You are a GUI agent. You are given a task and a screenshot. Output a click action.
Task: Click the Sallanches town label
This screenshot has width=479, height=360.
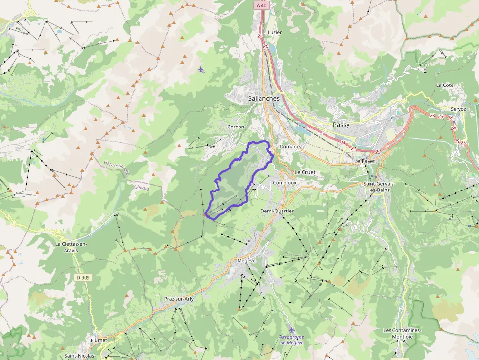(x=263, y=98)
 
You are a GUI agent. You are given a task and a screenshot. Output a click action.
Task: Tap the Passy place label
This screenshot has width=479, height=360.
(x=341, y=125)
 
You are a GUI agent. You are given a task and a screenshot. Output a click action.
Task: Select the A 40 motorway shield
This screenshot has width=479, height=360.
(x=261, y=5)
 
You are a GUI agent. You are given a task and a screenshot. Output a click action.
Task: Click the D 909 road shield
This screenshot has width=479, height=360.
(x=83, y=277)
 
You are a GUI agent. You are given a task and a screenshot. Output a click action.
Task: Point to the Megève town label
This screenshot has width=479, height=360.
(x=246, y=261)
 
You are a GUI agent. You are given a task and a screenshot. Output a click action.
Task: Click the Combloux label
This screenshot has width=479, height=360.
(x=284, y=182)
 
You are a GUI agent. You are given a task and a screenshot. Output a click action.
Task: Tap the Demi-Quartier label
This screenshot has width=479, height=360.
(x=277, y=211)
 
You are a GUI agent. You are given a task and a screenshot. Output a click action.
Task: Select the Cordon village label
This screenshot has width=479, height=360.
(x=236, y=127)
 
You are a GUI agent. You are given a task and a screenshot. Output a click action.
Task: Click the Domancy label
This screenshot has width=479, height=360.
(x=290, y=146)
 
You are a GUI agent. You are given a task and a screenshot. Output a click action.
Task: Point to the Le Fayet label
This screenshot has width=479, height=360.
(x=364, y=161)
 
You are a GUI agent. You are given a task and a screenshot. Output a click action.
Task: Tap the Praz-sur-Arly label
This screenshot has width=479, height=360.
(x=178, y=299)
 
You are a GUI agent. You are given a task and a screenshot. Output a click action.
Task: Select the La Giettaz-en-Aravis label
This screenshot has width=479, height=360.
(x=74, y=247)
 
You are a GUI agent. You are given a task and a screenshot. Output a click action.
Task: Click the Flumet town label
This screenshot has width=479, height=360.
(x=98, y=340)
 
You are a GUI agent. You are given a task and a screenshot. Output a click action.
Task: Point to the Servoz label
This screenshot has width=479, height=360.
(x=458, y=109)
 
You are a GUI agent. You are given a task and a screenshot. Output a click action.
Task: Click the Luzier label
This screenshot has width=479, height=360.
(x=275, y=32)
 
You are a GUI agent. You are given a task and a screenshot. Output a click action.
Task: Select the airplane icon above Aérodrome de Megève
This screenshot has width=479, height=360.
(x=291, y=330)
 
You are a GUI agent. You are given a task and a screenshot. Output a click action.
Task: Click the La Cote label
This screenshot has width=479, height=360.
(x=445, y=85)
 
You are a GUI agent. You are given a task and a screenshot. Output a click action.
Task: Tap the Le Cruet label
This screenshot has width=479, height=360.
(x=305, y=172)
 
